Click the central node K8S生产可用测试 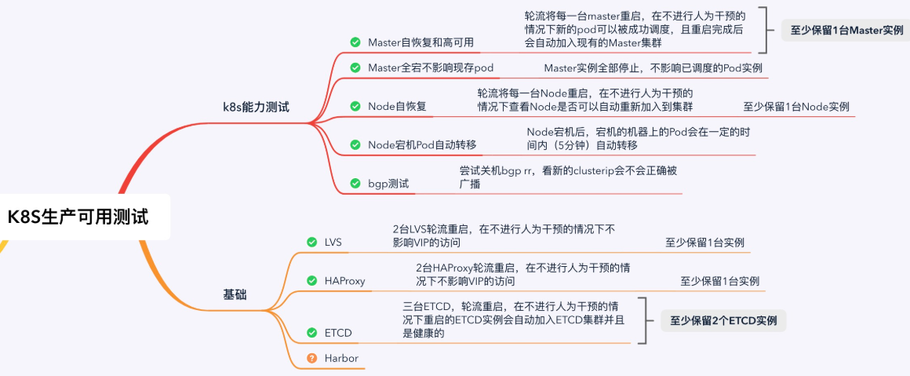click(x=78, y=217)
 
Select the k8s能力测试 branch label click(x=256, y=107)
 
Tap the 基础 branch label click(x=235, y=294)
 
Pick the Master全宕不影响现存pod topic click(x=431, y=68)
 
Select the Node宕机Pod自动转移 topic click(x=422, y=144)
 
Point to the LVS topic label click(x=333, y=242)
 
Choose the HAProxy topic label click(x=345, y=280)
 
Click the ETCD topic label click(x=338, y=333)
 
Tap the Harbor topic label click(x=341, y=358)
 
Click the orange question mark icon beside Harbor click(x=311, y=358)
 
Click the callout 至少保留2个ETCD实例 click(x=723, y=320)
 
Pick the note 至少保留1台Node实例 click(x=796, y=106)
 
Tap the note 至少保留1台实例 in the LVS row click(x=704, y=242)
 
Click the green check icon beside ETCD click(x=311, y=333)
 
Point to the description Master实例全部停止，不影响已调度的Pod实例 click(x=653, y=68)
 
